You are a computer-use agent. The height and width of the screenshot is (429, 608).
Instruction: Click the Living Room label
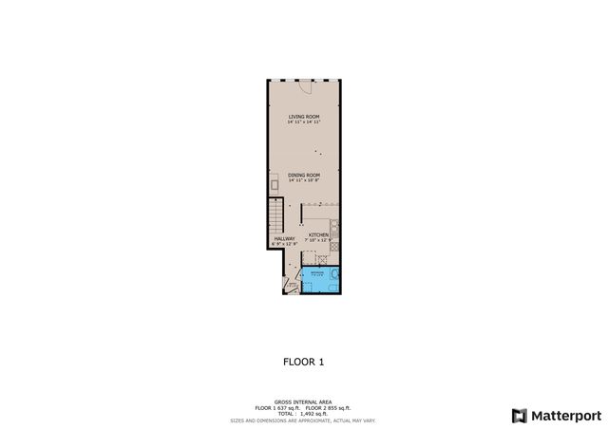point(304,117)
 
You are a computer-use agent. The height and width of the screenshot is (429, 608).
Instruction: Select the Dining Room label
point(304,175)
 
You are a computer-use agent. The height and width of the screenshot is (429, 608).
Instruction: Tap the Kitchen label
point(318,234)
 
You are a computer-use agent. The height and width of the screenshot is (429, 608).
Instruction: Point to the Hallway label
point(284,238)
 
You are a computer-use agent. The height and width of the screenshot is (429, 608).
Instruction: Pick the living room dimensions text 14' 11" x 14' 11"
point(304,122)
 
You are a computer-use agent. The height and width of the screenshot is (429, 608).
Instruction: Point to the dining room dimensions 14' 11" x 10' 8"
point(304,180)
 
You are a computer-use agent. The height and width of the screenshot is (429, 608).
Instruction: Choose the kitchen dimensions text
point(318,240)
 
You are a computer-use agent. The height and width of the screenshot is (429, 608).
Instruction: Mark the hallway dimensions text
point(284,244)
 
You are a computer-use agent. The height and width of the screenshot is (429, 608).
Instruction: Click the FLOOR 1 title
point(304,362)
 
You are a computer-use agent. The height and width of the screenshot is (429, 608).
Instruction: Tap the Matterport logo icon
point(518,415)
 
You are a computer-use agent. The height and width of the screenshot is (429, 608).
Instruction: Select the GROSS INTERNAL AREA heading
point(304,401)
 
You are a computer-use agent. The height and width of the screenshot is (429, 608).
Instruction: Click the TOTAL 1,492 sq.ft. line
point(304,413)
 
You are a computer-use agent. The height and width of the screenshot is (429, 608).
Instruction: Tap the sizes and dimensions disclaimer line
point(304,419)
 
